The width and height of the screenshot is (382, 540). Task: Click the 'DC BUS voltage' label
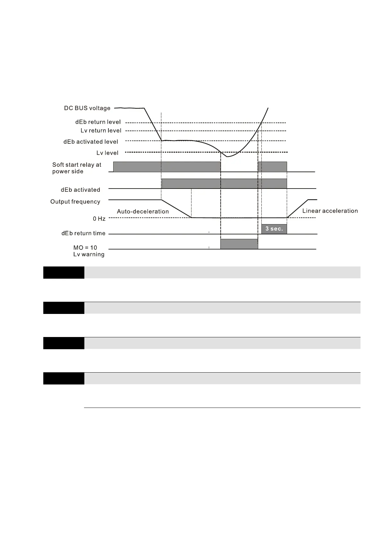(87, 108)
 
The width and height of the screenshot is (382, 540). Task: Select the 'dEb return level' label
(98, 122)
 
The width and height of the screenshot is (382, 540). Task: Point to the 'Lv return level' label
(101, 131)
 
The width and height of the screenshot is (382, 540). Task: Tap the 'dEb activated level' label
(91, 142)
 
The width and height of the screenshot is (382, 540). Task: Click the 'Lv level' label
(107, 153)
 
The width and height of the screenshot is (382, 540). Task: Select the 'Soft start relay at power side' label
(77, 168)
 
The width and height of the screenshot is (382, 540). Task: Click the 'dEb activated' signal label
(81, 190)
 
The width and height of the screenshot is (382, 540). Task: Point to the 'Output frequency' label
(75, 202)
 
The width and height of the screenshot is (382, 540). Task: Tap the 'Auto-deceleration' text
(143, 212)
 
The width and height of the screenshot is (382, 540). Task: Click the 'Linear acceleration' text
(330, 211)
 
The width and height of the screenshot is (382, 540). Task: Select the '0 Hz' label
(99, 219)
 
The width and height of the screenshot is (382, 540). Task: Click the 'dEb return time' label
(83, 233)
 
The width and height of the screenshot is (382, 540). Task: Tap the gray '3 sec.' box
(274, 229)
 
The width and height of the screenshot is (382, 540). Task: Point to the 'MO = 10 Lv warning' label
(89, 251)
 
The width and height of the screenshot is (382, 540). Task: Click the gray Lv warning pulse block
(239, 244)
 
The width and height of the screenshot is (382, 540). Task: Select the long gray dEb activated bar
(224, 183)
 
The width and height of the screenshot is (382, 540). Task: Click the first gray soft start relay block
(167, 167)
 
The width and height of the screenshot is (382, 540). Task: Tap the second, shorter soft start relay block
(272, 167)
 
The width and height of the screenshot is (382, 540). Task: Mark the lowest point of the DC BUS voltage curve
(227, 156)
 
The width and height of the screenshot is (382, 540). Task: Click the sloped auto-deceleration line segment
(176, 209)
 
